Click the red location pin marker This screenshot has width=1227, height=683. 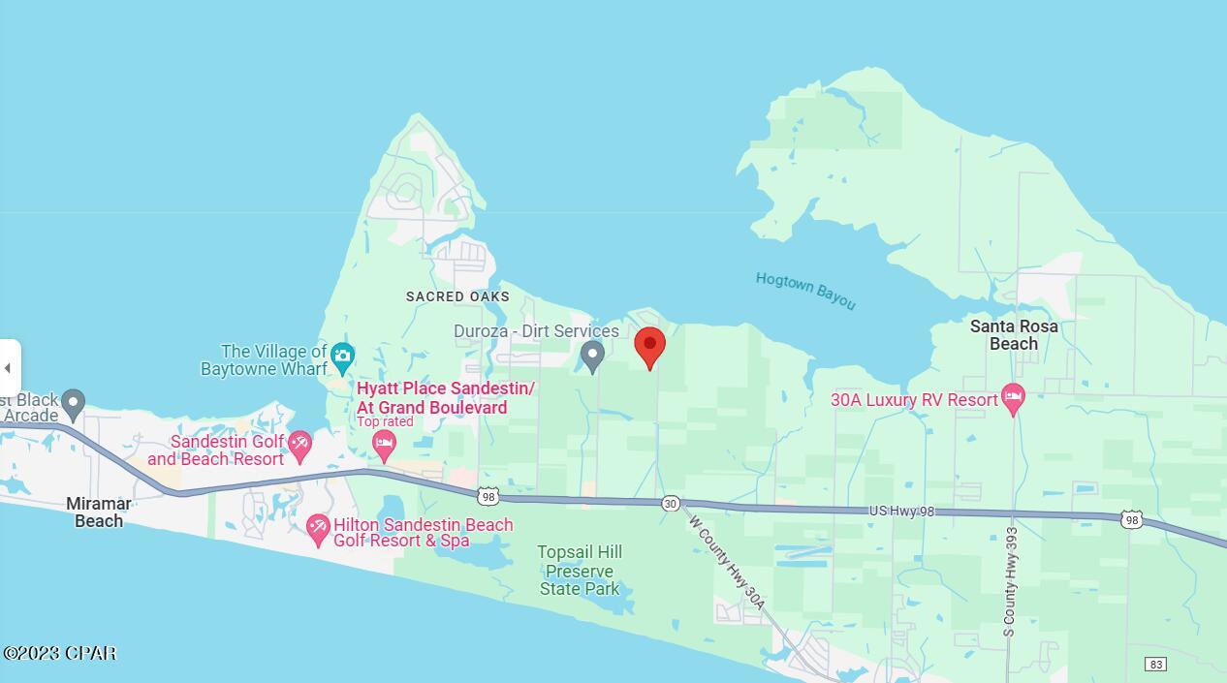(649, 347)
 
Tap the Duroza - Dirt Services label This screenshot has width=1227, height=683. (536, 331)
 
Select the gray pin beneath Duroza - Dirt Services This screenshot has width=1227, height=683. (592, 357)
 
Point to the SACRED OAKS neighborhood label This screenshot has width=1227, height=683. (457, 296)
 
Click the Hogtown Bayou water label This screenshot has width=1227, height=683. (805, 291)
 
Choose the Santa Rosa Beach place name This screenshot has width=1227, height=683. (1014, 335)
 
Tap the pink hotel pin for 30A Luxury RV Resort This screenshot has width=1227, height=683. (1013, 398)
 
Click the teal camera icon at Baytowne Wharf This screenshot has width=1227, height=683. (341, 357)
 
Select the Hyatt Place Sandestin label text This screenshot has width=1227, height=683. (445, 398)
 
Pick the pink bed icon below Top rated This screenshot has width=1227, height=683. (384, 446)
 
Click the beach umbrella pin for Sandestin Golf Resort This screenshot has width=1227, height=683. (299, 447)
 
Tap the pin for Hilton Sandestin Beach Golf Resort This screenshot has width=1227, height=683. (318, 529)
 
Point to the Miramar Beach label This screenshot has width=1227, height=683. (99, 512)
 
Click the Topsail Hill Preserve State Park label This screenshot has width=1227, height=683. (580, 571)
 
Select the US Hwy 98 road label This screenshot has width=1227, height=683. (900, 511)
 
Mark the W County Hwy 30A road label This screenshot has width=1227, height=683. (727, 563)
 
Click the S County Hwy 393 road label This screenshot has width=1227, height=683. (1011, 581)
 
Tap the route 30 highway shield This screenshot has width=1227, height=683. (671, 504)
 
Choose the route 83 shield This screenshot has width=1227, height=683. (1154, 664)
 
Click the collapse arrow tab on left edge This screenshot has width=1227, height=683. (9, 368)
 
